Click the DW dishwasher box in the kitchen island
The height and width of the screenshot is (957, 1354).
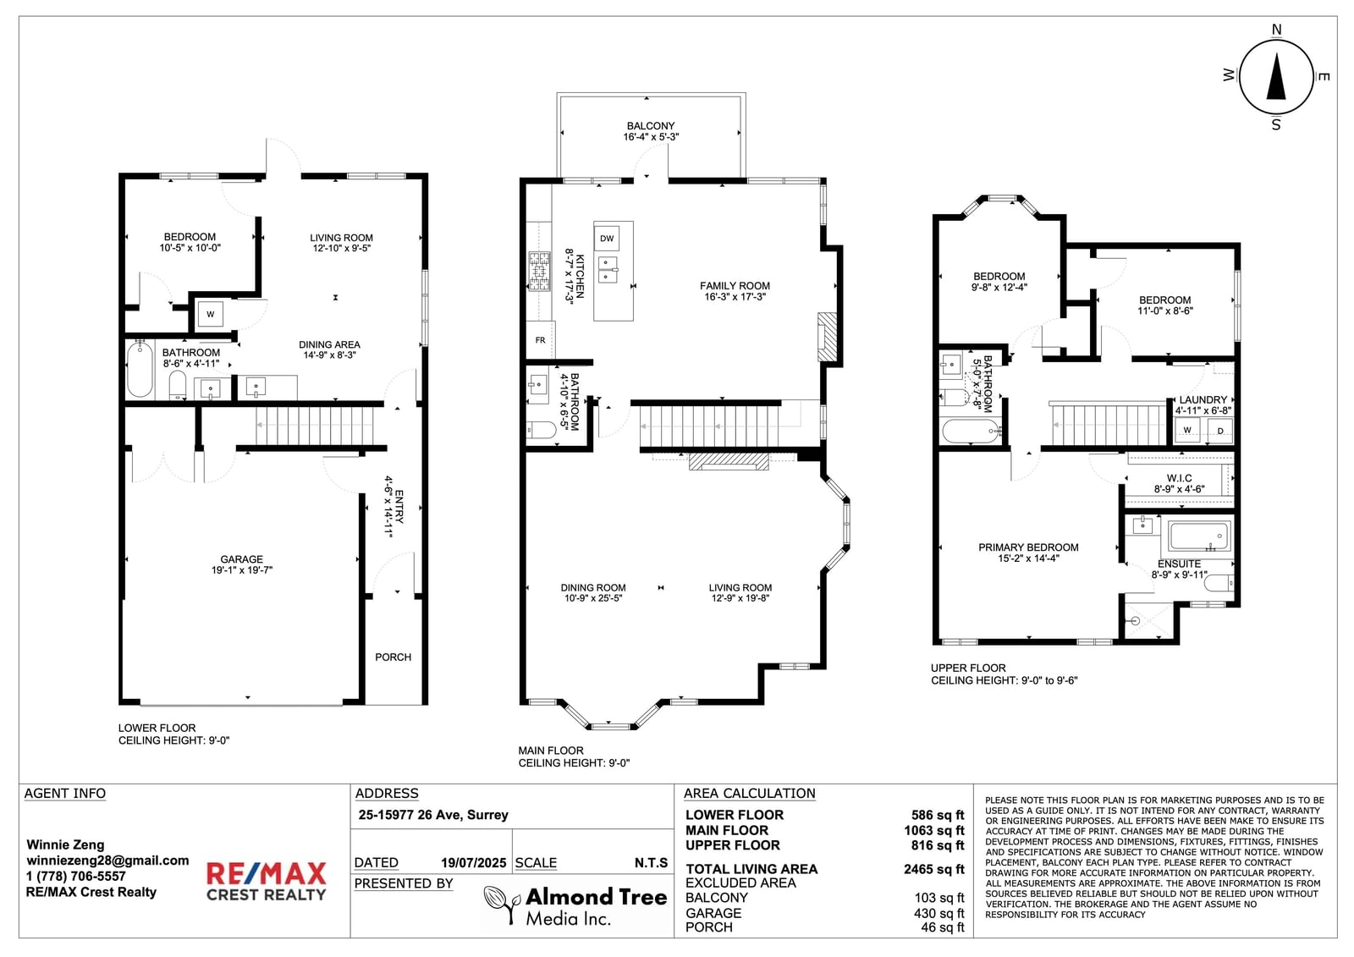606,238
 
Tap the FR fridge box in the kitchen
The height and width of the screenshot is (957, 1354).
541,340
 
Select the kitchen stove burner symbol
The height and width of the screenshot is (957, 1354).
539,272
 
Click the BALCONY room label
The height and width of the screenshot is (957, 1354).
651,126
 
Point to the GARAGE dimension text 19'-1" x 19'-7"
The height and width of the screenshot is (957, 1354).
242,569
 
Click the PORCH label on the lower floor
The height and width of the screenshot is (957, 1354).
393,657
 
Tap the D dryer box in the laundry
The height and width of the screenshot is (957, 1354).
1220,431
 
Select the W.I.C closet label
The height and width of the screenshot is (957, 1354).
1180,478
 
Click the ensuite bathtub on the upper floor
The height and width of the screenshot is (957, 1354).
1199,536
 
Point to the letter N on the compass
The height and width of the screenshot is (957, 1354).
1277,30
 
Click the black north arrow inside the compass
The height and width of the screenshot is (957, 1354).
1276,77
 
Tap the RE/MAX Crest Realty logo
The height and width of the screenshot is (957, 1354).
266,881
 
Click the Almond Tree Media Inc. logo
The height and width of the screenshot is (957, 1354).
576,905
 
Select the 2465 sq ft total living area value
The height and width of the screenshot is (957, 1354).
934,869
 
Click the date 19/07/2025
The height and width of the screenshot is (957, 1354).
473,863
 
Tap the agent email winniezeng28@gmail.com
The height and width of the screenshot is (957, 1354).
107,861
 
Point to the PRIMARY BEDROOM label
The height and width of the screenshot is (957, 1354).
1028,547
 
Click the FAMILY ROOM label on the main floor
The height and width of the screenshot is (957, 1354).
735,286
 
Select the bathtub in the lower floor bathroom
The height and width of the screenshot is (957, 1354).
140,370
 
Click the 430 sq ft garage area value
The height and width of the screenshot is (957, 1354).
938,914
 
